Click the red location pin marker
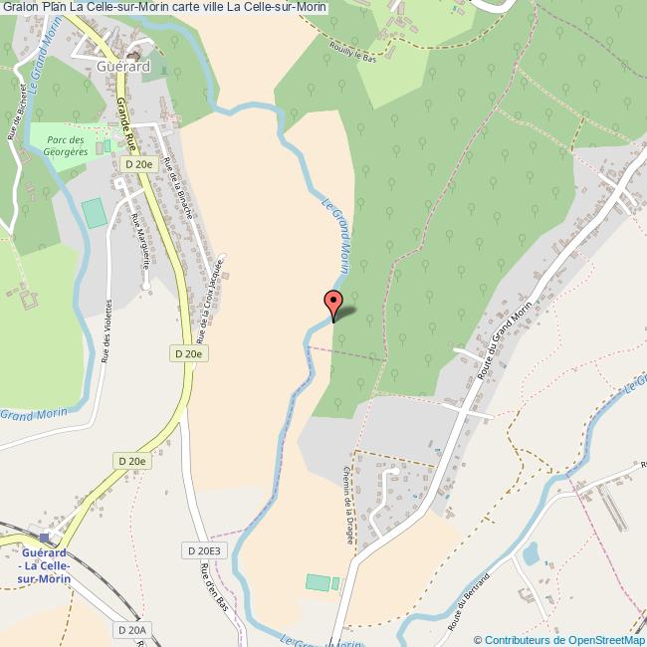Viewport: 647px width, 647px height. click(332, 303)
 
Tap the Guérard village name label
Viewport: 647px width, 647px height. click(124, 66)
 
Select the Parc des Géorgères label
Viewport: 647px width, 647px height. click(66, 141)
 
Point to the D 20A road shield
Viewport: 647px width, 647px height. click(131, 630)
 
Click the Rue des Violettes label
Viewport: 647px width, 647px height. click(105, 333)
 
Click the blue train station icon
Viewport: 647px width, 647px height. click(44, 537)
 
